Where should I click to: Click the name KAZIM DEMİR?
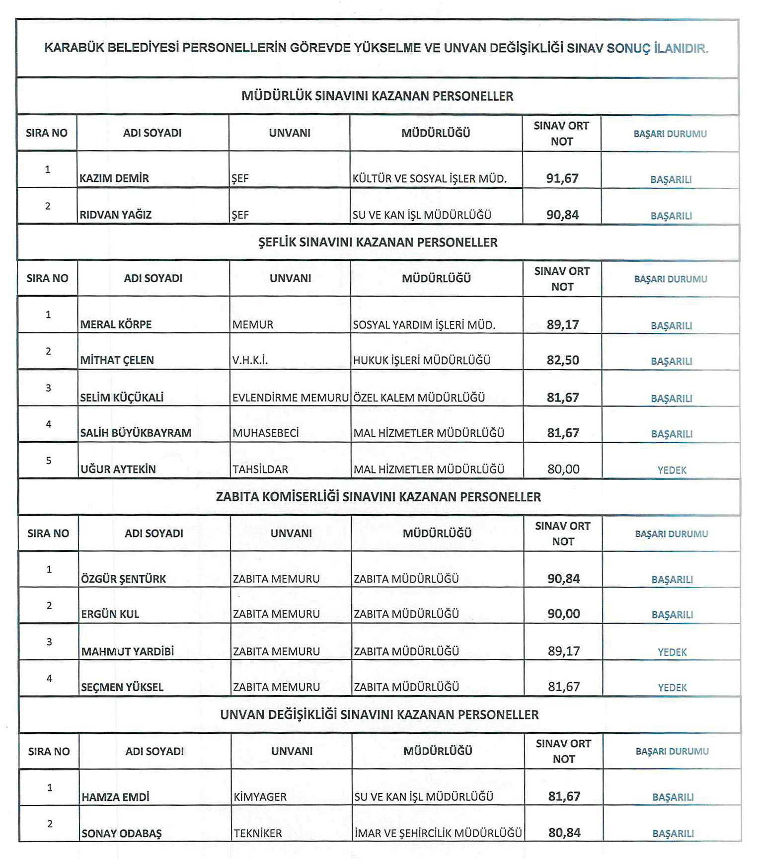tap(114, 178)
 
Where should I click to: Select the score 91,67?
tap(562, 178)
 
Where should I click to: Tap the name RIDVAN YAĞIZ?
tap(116, 215)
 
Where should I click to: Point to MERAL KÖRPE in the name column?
tap(116, 325)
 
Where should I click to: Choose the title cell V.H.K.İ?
tap(250, 360)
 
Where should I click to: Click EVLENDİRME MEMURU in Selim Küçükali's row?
tap(290, 398)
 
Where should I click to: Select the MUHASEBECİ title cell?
tap(266, 433)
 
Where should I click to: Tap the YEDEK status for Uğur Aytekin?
tap(672, 470)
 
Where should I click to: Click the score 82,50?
tap(563, 360)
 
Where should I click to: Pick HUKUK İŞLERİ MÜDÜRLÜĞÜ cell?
tap(422, 360)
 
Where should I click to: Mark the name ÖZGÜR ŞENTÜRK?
tap(124, 579)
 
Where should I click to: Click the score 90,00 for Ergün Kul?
tap(564, 614)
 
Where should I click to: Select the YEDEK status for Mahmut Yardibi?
tap(672, 652)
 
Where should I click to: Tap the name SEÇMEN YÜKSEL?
tap(122, 688)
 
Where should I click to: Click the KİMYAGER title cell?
tap(260, 797)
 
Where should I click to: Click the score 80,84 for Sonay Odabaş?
tap(564, 833)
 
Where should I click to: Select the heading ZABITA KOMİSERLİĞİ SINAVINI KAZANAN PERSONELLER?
tap(378, 497)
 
